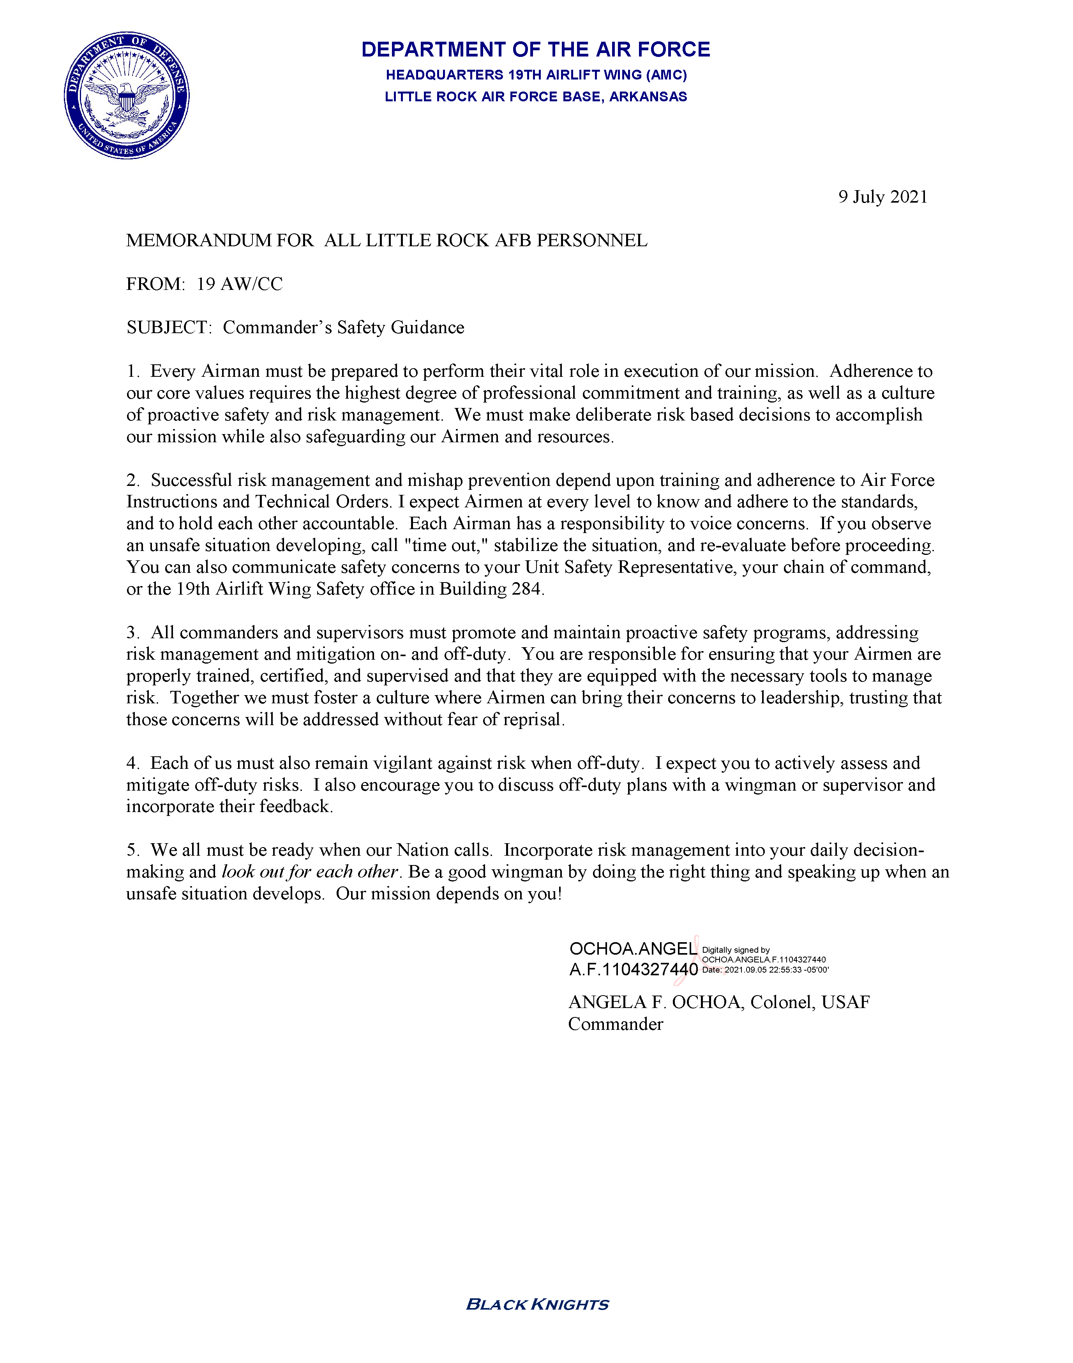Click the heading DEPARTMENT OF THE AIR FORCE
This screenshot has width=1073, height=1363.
pos(535,49)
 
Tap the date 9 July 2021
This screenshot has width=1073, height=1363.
pos(882,197)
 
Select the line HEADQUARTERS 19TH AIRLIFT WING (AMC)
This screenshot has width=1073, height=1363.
pos(536,75)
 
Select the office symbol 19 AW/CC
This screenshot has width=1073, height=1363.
pos(239,284)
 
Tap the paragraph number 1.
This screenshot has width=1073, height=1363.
pos(132,371)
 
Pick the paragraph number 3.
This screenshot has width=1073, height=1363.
pos(132,632)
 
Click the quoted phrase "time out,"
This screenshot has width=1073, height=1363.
pos(447,545)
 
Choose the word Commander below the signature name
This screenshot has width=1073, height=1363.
pos(615,1024)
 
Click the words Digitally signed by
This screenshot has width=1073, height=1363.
pos(736,950)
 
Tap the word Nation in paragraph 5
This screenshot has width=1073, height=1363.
pos(421,851)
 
